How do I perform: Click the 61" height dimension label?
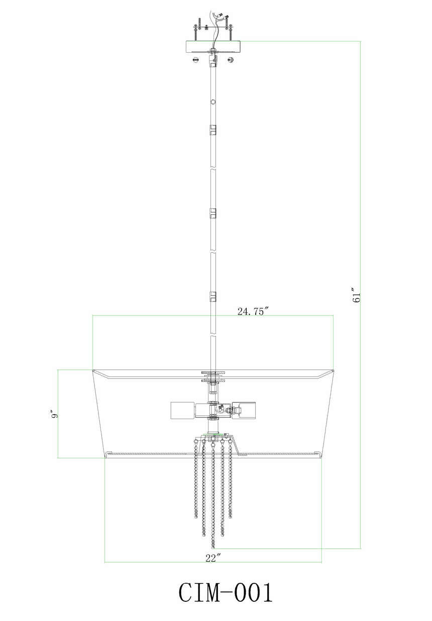coord(357,295)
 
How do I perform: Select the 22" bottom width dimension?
coord(213,558)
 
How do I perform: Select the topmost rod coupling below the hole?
coord(213,129)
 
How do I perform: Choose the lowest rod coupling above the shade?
coord(213,296)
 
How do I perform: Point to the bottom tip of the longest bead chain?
coord(213,547)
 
